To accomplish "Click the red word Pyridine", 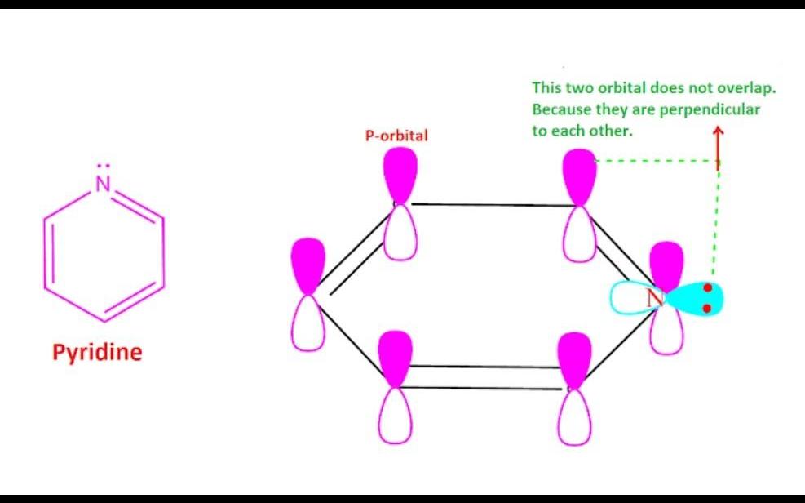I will pyautogui.click(x=96, y=353).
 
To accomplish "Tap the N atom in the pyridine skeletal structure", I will pyautogui.click(x=103, y=185).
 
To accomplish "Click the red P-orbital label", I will pyautogui.click(x=396, y=136).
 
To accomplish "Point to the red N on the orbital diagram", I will pyautogui.click(x=654, y=299).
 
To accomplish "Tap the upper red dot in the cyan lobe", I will pyautogui.click(x=707, y=288).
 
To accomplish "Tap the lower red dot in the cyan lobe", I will pyautogui.click(x=707, y=309).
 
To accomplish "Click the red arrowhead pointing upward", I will pyautogui.click(x=718, y=132).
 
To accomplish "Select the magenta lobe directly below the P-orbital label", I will pyautogui.click(x=400, y=176).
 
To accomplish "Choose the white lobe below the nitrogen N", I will pyautogui.click(x=667, y=332).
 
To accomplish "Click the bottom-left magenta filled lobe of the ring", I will pyautogui.click(x=396, y=358).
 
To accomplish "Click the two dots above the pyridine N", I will pyautogui.click(x=103, y=166).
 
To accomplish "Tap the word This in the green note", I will pyautogui.click(x=546, y=87).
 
